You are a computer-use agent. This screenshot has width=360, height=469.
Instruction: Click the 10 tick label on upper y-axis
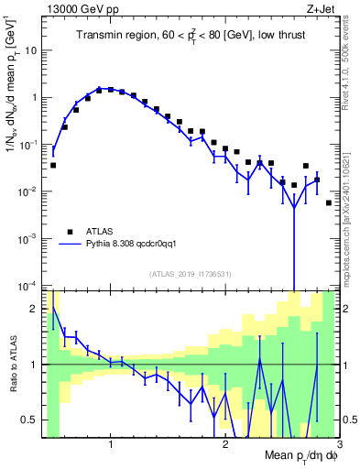tap(29, 50)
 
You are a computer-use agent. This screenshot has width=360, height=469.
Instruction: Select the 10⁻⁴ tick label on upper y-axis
tap(27, 286)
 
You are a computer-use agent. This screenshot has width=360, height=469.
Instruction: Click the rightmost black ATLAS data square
tap(329, 202)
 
